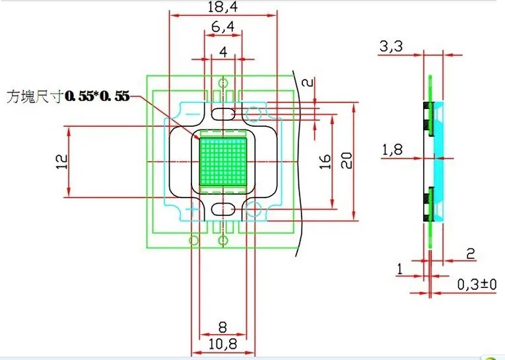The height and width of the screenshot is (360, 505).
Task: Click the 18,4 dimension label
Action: [x=223, y=7]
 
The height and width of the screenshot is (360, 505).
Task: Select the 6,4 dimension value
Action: [x=223, y=26]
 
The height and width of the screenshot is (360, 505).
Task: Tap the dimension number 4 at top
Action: [x=223, y=52]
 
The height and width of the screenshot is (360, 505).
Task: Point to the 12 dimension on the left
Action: [x=61, y=161]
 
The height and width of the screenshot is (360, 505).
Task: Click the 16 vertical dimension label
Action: [x=325, y=161]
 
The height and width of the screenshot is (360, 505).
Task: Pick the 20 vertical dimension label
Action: [x=346, y=161]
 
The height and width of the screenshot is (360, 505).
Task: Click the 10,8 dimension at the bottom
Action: [x=222, y=344]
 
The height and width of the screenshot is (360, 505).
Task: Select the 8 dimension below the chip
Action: [x=222, y=328]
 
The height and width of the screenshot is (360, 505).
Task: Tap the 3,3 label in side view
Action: [x=391, y=46]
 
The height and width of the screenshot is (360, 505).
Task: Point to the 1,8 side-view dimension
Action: [x=392, y=149]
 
